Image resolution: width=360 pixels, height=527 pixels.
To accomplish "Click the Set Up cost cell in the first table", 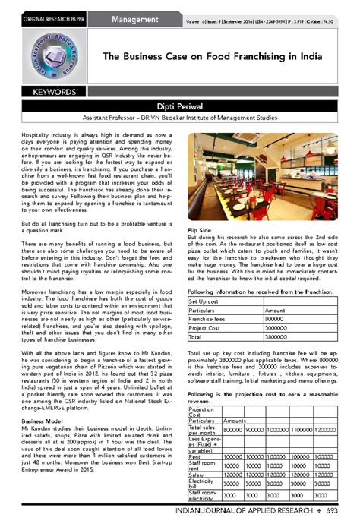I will (x=205, y=301).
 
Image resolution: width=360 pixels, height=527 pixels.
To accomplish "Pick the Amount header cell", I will (x=275, y=311).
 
